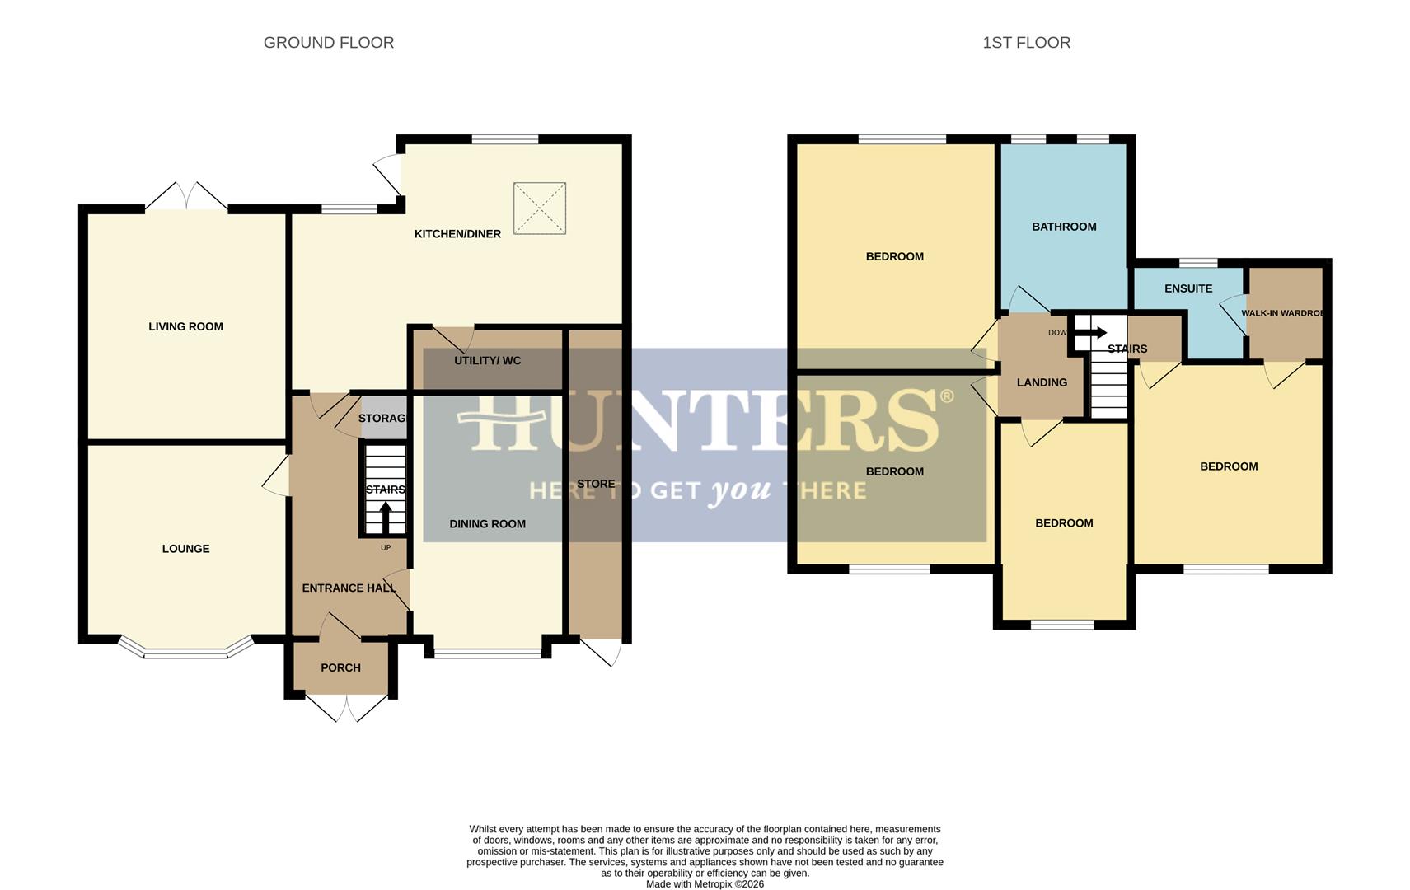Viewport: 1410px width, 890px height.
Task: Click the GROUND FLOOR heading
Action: pyautogui.click(x=328, y=43)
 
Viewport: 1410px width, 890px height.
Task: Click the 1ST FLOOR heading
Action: pyautogui.click(x=1026, y=43)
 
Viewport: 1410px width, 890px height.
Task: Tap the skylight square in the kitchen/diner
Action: pyautogui.click(x=540, y=208)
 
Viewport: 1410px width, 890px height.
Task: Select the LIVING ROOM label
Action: pyautogui.click(x=185, y=326)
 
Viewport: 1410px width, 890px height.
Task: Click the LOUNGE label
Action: pyautogui.click(x=185, y=549)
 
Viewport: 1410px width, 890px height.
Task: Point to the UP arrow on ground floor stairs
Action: pyautogui.click(x=386, y=518)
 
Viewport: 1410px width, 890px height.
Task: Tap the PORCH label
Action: pyautogui.click(x=340, y=667)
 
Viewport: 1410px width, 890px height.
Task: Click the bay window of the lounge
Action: pyautogui.click(x=185, y=651)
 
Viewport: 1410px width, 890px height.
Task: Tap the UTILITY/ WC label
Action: pyautogui.click(x=487, y=361)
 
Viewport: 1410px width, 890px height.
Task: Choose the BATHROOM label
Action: pyautogui.click(x=1064, y=227)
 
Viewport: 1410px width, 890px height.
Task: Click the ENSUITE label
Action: pyautogui.click(x=1187, y=288)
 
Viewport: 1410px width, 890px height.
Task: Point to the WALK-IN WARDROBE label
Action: pyautogui.click(x=1282, y=313)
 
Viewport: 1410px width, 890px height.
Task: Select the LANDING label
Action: pyautogui.click(x=1042, y=382)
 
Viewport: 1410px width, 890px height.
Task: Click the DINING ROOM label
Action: pyautogui.click(x=487, y=524)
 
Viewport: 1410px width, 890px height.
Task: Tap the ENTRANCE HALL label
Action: pyautogui.click(x=349, y=588)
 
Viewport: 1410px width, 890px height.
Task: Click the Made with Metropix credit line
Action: pyautogui.click(x=705, y=884)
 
